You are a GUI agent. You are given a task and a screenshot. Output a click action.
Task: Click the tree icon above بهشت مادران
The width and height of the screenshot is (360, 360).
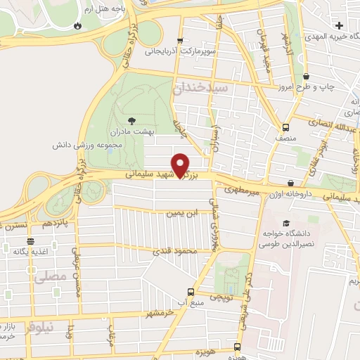click(131, 121)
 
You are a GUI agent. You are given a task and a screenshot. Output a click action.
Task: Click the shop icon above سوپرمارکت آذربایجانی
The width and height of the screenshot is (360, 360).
click(181, 40)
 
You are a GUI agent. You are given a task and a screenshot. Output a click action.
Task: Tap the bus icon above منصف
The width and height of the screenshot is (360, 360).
click(285, 127)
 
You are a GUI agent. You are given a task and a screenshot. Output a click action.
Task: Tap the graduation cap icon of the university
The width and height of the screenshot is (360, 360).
click(285, 223)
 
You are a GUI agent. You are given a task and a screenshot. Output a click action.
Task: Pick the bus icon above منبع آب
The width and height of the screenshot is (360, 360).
click(190, 292)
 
